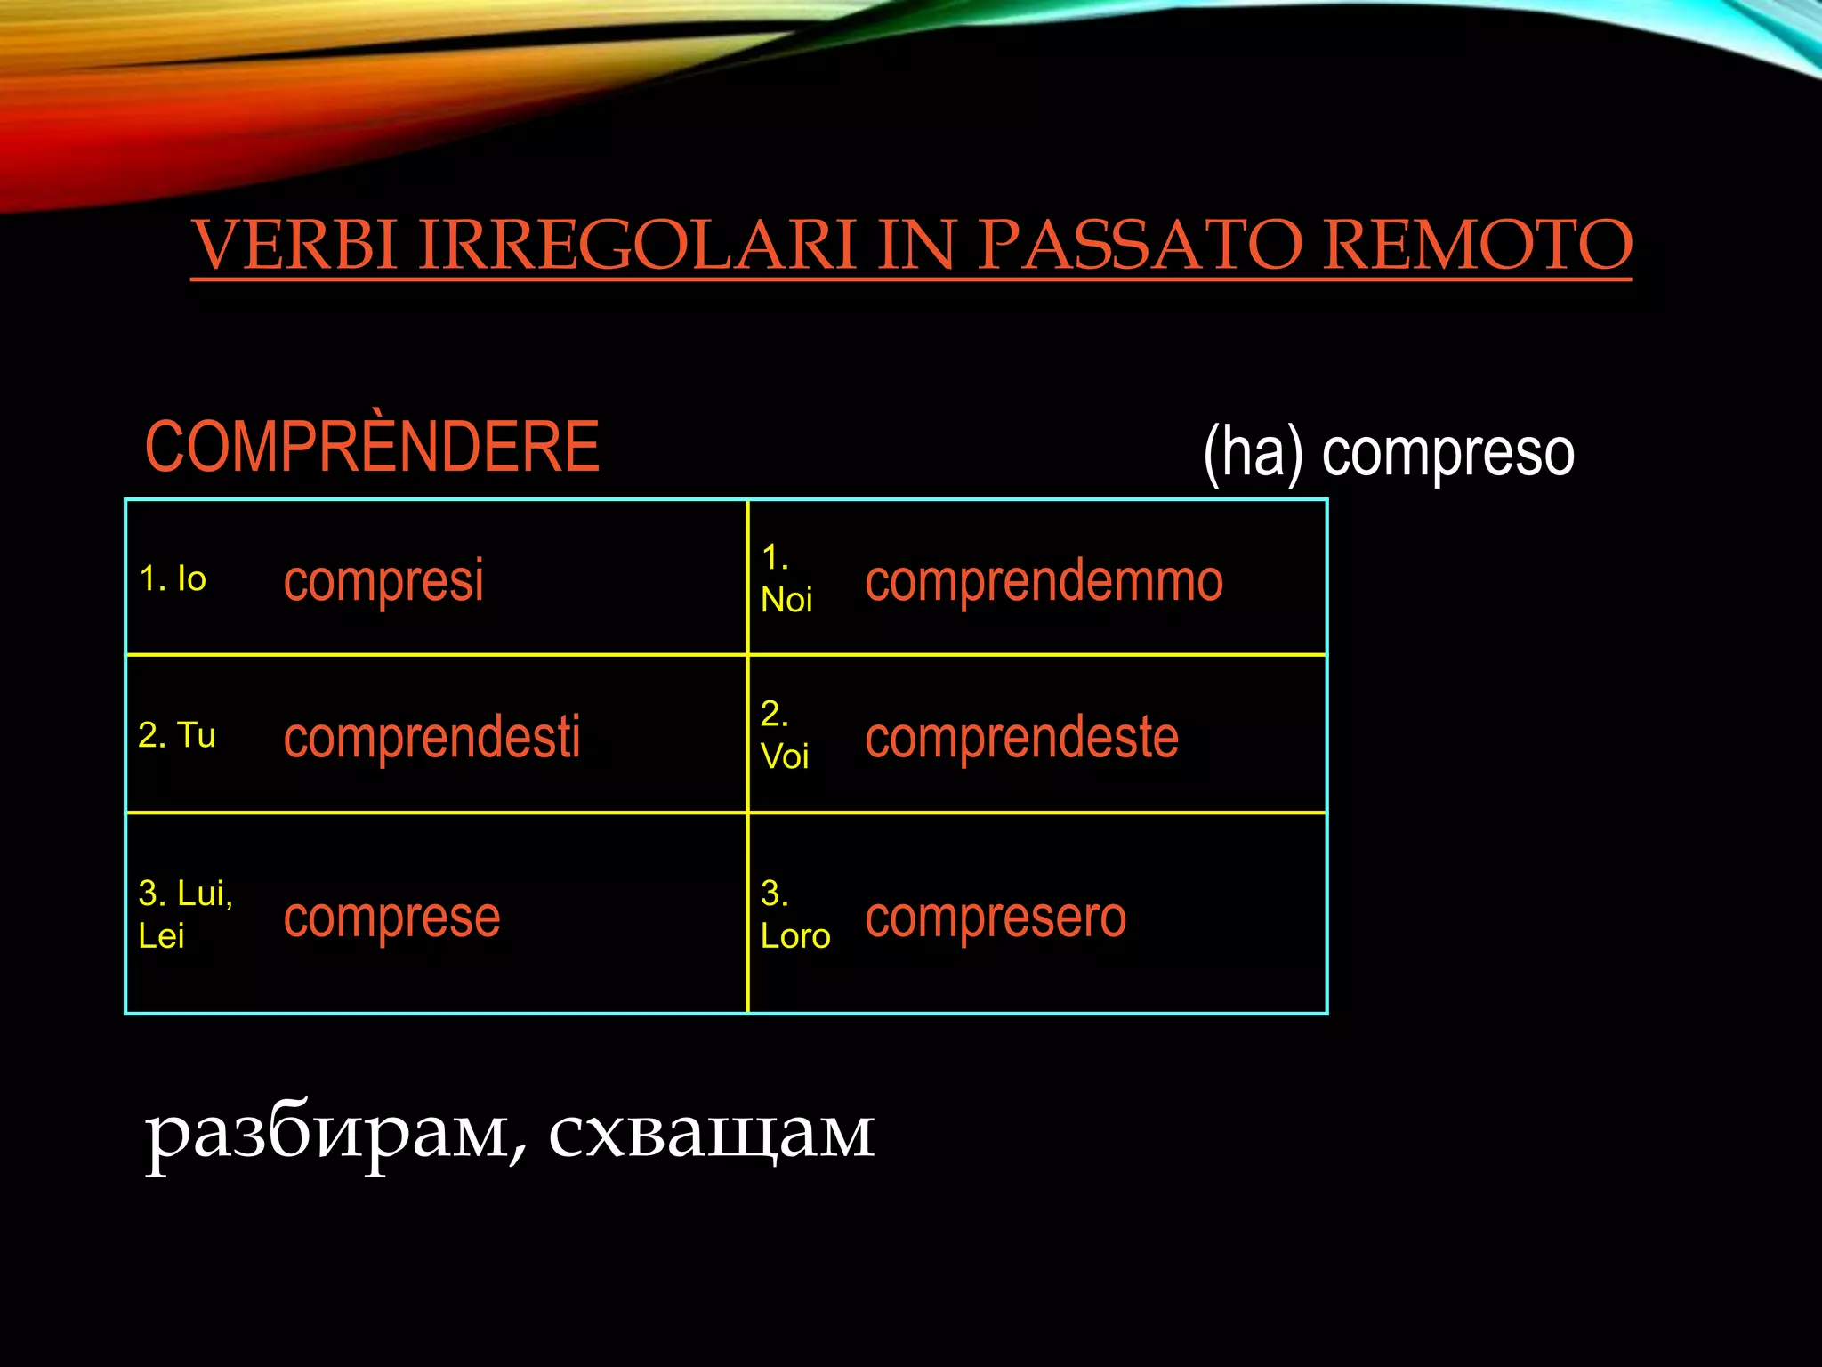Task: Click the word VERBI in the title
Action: click(294, 245)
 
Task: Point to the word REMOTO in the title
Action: click(1477, 245)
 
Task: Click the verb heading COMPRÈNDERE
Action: click(372, 447)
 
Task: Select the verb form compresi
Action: click(383, 581)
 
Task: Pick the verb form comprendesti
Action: click(431, 738)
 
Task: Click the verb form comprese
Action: click(391, 918)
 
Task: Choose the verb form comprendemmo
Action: click(1044, 581)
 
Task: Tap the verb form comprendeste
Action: click(1021, 738)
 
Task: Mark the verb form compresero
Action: click(996, 918)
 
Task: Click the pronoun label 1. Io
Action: click(173, 579)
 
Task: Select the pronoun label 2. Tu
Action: click(177, 736)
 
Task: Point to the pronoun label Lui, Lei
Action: click(184, 914)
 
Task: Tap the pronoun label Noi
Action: click(786, 601)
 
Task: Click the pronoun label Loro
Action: click(795, 936)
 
